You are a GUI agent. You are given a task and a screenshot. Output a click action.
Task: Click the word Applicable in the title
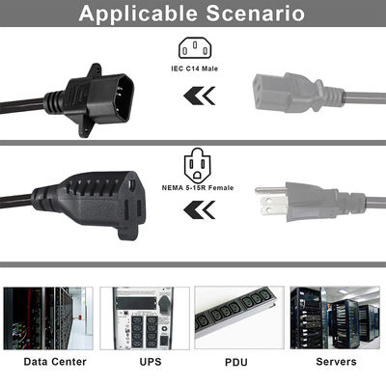click(138, 14)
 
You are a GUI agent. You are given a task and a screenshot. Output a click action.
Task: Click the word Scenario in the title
click(256, 14)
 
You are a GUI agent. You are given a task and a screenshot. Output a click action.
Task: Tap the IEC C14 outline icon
click(195, 48)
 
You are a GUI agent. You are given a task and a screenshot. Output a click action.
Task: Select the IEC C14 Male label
click(195, 69)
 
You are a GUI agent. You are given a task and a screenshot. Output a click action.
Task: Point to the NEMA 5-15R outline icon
click(198, 165)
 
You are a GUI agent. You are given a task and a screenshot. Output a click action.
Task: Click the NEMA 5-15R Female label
click(198, 188)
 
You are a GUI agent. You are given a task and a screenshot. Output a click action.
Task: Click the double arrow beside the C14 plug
click(200, 96)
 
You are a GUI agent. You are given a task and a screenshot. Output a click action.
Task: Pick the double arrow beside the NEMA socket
click(200, 210)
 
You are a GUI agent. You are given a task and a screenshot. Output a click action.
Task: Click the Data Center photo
click(48, 318)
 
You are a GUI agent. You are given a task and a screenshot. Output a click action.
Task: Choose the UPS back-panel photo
click(145, 318)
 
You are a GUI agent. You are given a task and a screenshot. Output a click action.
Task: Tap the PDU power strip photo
click(239, 317)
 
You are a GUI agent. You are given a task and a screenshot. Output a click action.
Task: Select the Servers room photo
click(335, 317)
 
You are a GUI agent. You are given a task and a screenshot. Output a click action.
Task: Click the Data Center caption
click(55, 362)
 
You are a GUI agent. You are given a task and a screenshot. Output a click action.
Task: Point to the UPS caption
click(151, 362)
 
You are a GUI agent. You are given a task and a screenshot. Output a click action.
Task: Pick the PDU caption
click(236, 362)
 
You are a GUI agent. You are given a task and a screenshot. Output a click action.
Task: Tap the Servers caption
click(336, 362)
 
